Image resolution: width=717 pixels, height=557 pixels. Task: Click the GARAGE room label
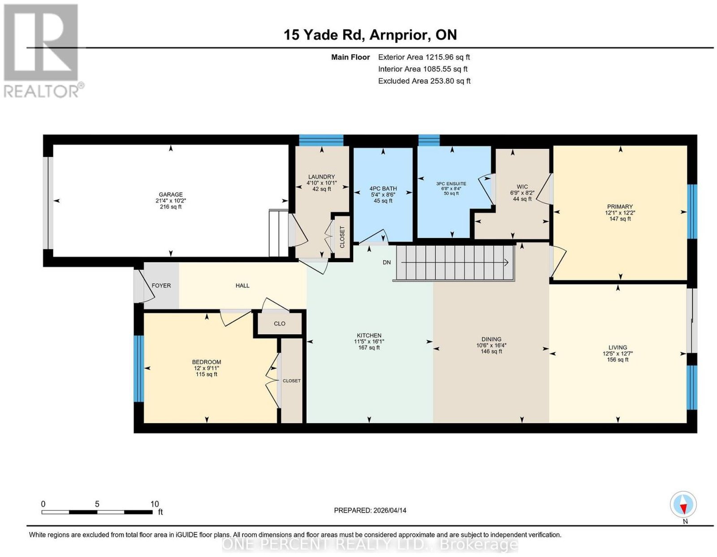170,194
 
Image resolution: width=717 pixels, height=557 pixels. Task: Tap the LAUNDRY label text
321,177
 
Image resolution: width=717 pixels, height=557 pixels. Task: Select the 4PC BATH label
383,189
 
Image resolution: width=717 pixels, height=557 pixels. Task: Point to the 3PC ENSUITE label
451,184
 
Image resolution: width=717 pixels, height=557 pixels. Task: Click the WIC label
523,187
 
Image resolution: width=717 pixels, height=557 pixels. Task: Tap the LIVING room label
618,347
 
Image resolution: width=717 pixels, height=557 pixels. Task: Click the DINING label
491,339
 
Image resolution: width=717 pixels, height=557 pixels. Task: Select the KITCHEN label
369,335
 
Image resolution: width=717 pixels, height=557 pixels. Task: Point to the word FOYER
161,285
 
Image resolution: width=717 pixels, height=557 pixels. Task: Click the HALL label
242,285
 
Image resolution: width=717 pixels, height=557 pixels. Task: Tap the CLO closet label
280,324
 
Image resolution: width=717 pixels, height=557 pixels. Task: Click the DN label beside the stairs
387,263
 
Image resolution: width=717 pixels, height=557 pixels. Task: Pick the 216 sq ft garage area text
170,207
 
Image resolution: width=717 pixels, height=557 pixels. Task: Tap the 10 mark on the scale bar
155,504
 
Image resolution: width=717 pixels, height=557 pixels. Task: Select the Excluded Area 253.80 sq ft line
424,81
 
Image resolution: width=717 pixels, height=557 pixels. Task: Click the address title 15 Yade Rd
324,35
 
